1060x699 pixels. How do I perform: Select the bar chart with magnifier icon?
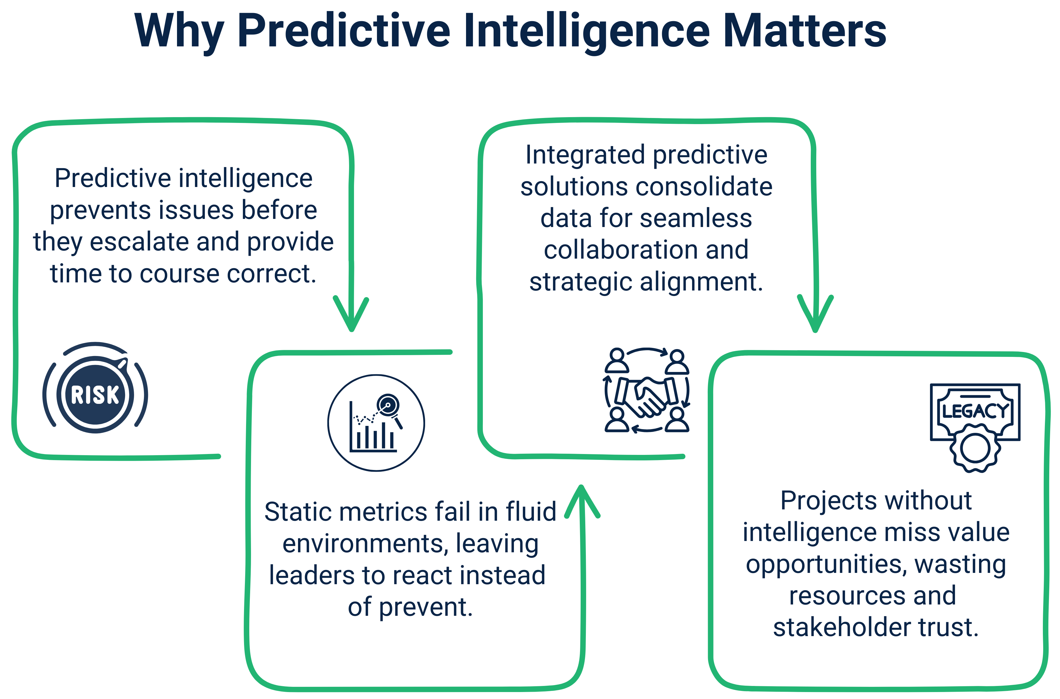point(376,423)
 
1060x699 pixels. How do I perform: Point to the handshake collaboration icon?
point(647,391)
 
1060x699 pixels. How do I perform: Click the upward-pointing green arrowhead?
point(582,502)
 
